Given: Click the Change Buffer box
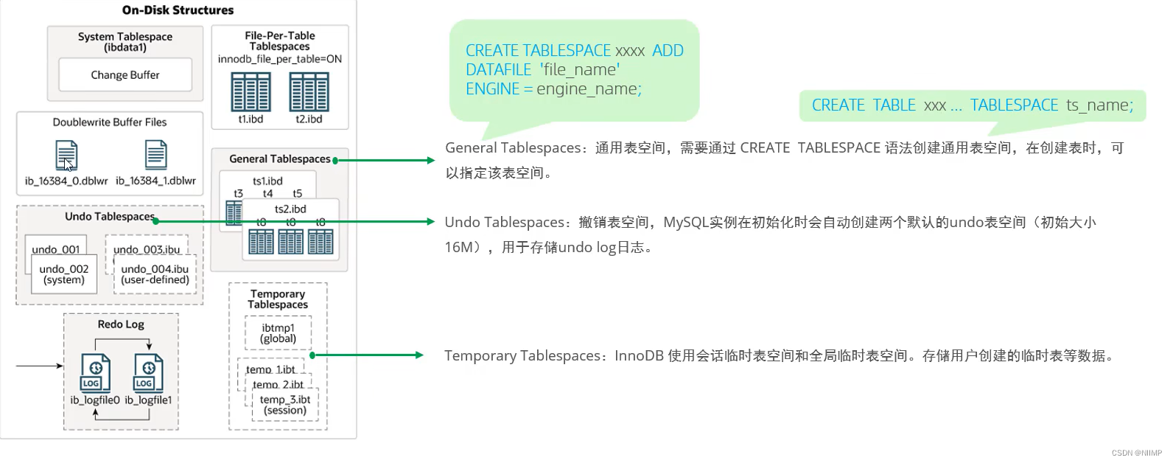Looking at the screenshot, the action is [x=125, y=74].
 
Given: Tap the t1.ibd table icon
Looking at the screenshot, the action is [x=251, y=92].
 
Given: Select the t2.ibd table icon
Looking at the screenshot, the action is [x=309, y=92].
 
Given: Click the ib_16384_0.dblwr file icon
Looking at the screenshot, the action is [x=66, y=155].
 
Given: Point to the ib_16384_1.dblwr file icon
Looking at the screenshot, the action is [x=155, y=155].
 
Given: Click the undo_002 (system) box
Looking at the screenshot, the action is [x=64, y=274].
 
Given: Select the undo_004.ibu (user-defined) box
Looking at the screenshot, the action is [x=155, y=274].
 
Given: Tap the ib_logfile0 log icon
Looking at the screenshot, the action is [x=95, y=372].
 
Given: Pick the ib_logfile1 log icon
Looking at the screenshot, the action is [x=148, y=372].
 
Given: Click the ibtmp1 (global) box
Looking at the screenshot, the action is [x=278, y=333].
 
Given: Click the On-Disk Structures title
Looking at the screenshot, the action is [x=178, y=10].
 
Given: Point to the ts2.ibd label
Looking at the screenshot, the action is [x=290, y=209].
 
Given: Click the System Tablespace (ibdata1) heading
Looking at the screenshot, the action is [x=125, y=41].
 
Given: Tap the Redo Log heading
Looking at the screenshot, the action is [x=121, y=324].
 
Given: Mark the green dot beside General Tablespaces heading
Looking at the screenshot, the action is [x=335, y=160].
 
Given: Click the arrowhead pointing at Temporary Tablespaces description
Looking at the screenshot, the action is [x=419, y=355].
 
